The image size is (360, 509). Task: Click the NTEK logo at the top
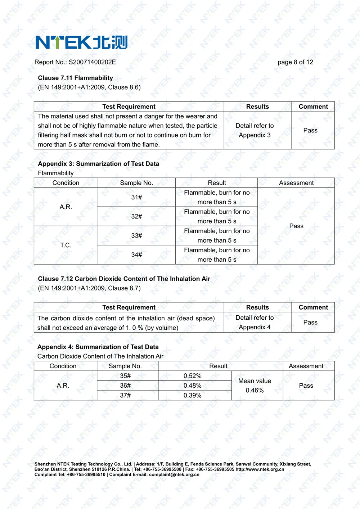81,42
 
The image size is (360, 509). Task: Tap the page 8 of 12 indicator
295,62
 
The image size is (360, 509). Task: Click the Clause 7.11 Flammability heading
75,78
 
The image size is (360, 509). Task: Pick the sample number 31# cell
136,197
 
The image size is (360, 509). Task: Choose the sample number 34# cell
136,255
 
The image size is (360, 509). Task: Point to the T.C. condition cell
66,245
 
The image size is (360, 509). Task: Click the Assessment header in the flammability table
296,183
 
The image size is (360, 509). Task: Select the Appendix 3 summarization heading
98,164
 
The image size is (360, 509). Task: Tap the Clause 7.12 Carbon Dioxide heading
124,279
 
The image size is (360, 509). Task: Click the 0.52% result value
193,376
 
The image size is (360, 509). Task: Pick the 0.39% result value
193,395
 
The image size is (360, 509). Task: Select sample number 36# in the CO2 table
125,386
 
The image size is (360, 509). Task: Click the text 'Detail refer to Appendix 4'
255,323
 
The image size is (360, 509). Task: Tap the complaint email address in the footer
174,474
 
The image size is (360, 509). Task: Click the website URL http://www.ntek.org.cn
260,469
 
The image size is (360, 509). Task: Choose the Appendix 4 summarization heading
98,347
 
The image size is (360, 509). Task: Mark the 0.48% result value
193,386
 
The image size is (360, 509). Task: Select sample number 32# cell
136,216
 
